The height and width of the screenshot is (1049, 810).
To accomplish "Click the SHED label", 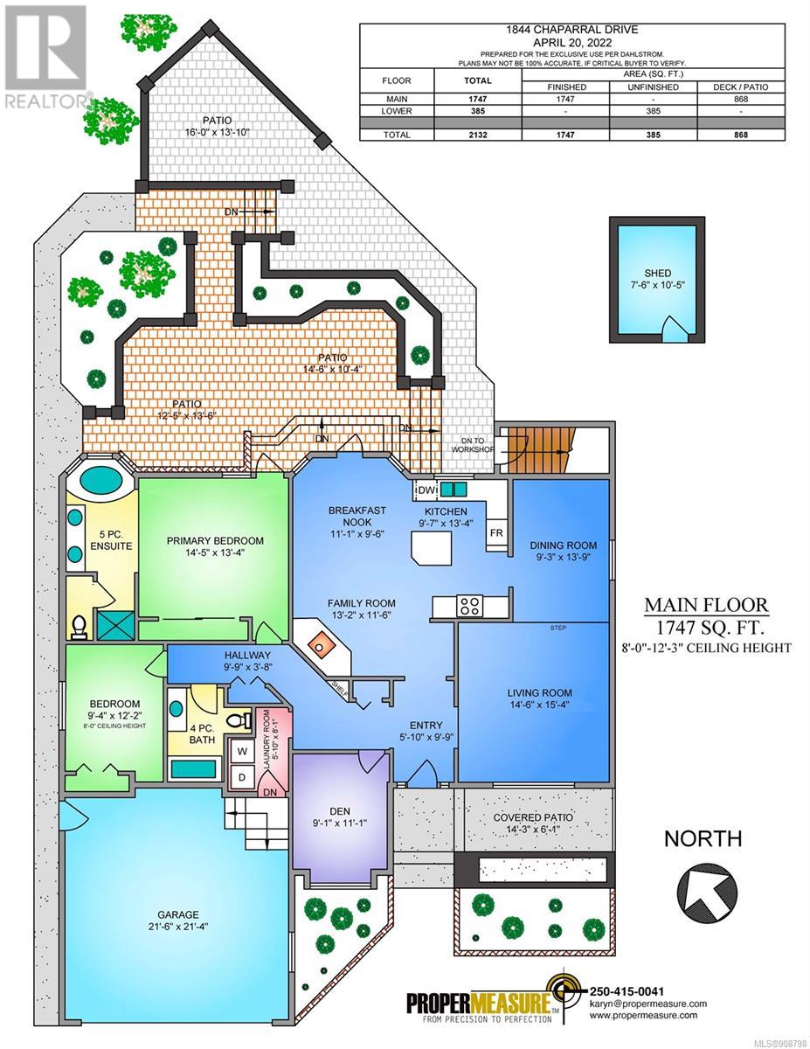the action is (657, 274).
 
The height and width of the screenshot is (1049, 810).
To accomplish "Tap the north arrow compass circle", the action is (707, 893).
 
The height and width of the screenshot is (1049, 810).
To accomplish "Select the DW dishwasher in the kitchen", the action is (427, 490).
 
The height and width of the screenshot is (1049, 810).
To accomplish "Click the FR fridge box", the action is (496, 533).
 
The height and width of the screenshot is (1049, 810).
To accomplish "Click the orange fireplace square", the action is (318, 643).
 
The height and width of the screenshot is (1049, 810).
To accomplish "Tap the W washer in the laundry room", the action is (242, 751).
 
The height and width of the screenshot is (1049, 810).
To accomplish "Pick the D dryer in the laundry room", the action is (242, 777).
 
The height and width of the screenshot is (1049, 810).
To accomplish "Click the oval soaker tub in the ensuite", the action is (100, 479).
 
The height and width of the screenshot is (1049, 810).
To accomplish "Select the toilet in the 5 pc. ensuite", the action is (80, 628).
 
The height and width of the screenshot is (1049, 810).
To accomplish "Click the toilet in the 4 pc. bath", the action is (239, 720).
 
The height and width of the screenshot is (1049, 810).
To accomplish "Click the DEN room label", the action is (340, 811).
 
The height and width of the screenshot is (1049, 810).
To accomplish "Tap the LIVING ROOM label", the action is (539, 692).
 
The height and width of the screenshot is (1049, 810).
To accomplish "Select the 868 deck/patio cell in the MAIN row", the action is (740, 99).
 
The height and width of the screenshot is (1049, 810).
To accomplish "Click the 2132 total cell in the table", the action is (477, 135).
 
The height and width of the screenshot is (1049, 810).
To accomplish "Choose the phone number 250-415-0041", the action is (627, 991).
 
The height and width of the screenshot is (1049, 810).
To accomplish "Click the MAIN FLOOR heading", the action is (706, 604).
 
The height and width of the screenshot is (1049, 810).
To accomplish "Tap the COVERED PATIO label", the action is (533, 817).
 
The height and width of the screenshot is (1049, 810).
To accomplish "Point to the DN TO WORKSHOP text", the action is (473, 445).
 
